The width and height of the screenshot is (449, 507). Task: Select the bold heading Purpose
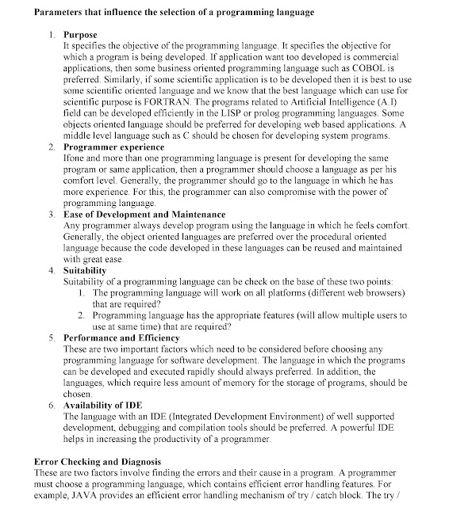pos(82,36)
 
